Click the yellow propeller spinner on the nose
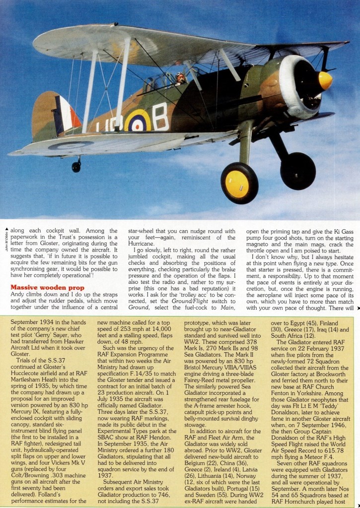pos(324,81)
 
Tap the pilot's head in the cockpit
pos(180,77)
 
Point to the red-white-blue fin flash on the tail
pos(68,115)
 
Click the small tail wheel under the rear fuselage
pos(76,166)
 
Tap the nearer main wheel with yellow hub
pos(239,183)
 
